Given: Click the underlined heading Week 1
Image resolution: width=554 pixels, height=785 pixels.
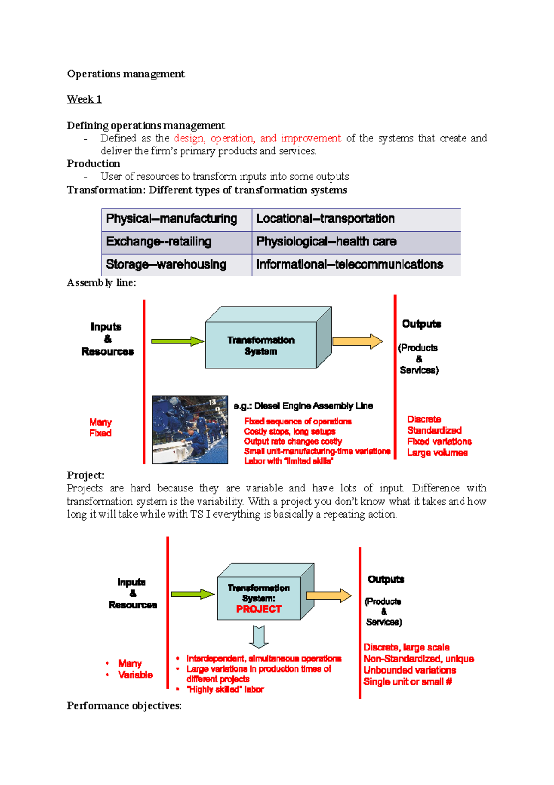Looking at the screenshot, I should tap(84, 99).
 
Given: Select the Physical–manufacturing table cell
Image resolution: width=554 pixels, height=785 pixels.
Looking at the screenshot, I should tap(176, 219).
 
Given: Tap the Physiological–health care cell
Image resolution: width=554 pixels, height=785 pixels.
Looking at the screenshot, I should tap(355, 242).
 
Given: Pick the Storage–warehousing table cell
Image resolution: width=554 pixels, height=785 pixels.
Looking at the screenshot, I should tap(176, 264).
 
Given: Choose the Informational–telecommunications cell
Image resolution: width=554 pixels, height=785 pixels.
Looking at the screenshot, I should tap(355, 264).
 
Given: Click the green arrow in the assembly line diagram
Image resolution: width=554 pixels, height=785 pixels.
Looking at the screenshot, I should tap(177, 342).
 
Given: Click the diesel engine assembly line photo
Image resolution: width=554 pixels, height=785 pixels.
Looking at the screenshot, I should tap(190, 429).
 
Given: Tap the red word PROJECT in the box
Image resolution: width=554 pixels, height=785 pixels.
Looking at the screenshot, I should tap(259, 609).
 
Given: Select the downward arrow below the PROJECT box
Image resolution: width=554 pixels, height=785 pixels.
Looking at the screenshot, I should tap(259, 637).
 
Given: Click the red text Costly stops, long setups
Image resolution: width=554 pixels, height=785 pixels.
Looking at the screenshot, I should tap(289, 431).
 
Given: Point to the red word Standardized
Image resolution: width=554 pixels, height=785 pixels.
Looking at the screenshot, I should tap(434, 430).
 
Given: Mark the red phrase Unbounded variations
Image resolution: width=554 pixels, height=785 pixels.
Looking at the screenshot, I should tap(409, 670).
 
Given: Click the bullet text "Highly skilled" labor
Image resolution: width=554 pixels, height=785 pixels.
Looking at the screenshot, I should tap(225, 689).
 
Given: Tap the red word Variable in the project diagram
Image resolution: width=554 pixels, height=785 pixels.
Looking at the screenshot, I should tap(135, 675).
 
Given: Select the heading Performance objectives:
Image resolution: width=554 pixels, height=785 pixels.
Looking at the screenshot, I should tap(124, 706).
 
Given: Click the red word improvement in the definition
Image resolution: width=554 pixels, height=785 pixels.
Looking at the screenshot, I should tap(311, 138).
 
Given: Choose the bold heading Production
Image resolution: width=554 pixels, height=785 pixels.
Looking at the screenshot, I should tap(93, 164).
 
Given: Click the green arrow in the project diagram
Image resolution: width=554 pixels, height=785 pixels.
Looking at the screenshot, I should tap(193, 595).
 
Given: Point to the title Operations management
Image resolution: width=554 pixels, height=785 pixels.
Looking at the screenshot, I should tap(126, 74).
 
